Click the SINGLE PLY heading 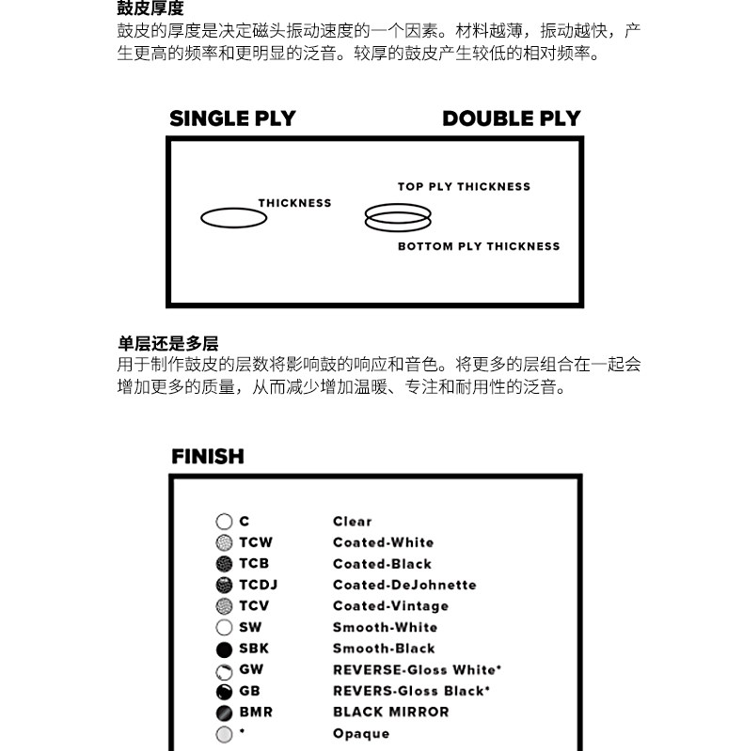pyautogui.click(x=232, y=118)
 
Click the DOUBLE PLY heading pyautogui.click(x=511, y=118)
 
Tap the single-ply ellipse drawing pyautogui.click(x=233, y=218)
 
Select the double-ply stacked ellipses pyautogui.click(x=398, y=217)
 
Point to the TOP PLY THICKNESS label pyautogui.click(x=464, y=186)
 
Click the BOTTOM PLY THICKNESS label pyautogui.click(x=478, y=246)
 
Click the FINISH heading pyautogui.click(x=207, y=457)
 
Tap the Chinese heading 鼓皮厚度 pyautogui.click(x=150, y=8)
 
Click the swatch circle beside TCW pyautogui.click(x=224, y=542)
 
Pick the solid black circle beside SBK pyautogui.click(x=224, y=649)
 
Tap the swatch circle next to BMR pyautogui.click(x=224, y=712)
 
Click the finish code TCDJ pyautogui.click(x=258, y=585)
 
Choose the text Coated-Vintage pyautogui.click(x=390, y=606)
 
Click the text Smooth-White pyautogui.click(x=385, y=627)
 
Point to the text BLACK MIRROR pyautogui.click(x=390, y=712)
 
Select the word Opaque pyautogui.click(x=360, y=733)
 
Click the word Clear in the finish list pyautogui.click(x=352, y=521)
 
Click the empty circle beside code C pyautogui.click(x=224, y=521)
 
